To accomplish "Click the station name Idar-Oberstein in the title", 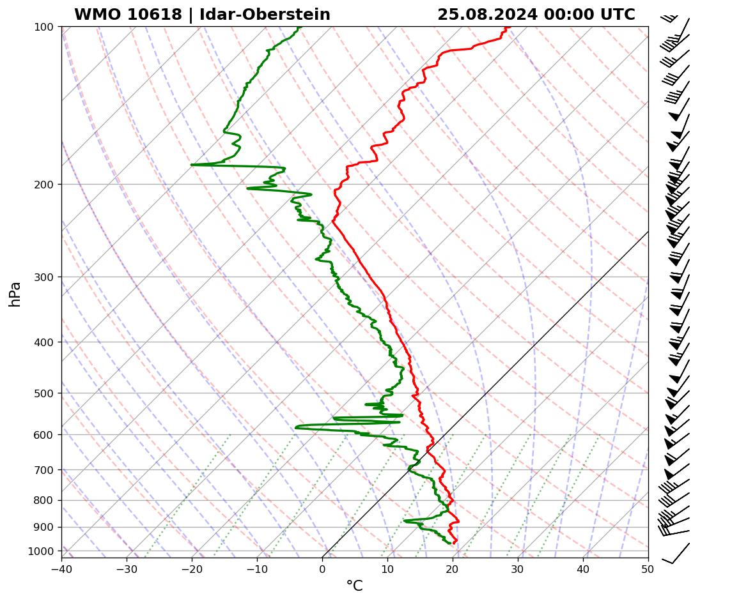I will [x=265, y=15].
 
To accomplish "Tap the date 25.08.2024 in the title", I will [x=487, y=15].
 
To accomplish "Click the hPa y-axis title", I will [x=15, y=294].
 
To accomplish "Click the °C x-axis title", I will [x=354, y=586].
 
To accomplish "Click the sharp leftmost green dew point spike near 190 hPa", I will [x=192, y=165].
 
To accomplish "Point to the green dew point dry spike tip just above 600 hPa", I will [x=296, y=427].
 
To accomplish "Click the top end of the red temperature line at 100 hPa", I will [x=506, y=27].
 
